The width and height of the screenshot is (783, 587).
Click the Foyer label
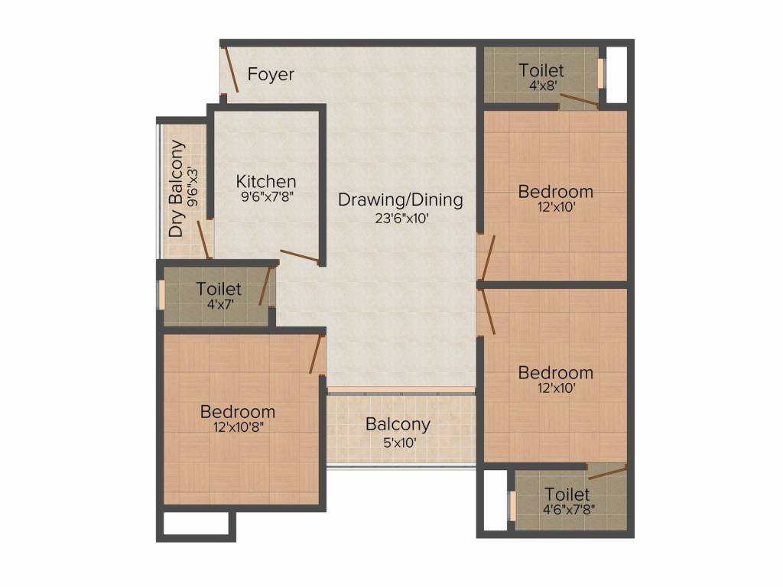[x=271, y=74]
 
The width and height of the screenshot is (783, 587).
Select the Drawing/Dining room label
[x=401, y=199]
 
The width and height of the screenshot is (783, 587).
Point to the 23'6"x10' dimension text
[x=402, y=218]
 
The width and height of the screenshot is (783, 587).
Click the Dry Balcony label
[x=177, y=189]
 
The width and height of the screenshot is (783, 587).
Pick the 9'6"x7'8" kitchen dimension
[x=267, y=196]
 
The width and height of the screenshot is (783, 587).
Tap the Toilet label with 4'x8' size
[x=541, y=70]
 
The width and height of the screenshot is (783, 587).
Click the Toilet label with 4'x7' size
[x=219, y=288]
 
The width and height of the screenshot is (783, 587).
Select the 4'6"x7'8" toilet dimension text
[x=568, y=510]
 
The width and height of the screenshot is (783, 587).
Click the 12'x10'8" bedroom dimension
[x=238, y=427]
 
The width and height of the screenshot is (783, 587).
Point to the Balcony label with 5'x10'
[x=398, y=424]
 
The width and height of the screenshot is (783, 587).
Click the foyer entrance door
[x=229, y=70]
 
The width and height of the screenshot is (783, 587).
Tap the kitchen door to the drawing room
[x=299, y=255]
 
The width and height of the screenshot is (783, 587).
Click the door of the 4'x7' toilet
[x=265, y=286]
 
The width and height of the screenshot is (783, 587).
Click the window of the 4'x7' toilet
[x=161, y=295]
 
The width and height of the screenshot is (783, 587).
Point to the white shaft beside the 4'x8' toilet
[x=616, y=75]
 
